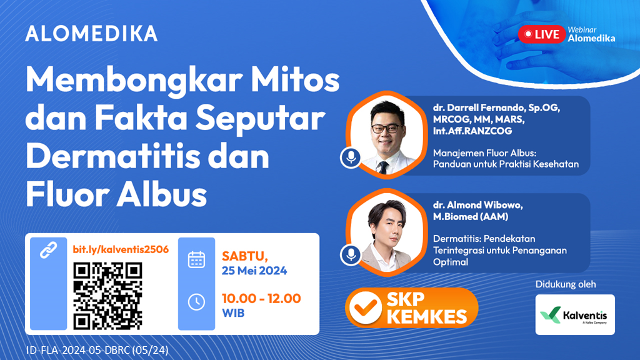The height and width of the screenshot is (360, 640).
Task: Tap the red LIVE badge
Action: (x=542, y=34)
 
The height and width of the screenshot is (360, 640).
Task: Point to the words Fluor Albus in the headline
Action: (x=116, y=194)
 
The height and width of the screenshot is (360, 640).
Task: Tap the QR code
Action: (x=108, y=296)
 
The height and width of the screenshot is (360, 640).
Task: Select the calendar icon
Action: (x=196, y=259)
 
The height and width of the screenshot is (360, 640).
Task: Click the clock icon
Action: (x=196, y=301)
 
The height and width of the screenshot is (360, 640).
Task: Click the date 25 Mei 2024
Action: (x=254, y=271)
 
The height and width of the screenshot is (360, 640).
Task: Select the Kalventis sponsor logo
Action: (x=575, y=314)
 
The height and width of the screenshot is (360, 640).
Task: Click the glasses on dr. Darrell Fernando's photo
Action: (x=386, y=128)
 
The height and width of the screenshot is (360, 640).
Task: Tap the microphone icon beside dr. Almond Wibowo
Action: (x=351, y=254)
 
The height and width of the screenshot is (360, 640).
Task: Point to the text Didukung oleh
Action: (x=566, y=284)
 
